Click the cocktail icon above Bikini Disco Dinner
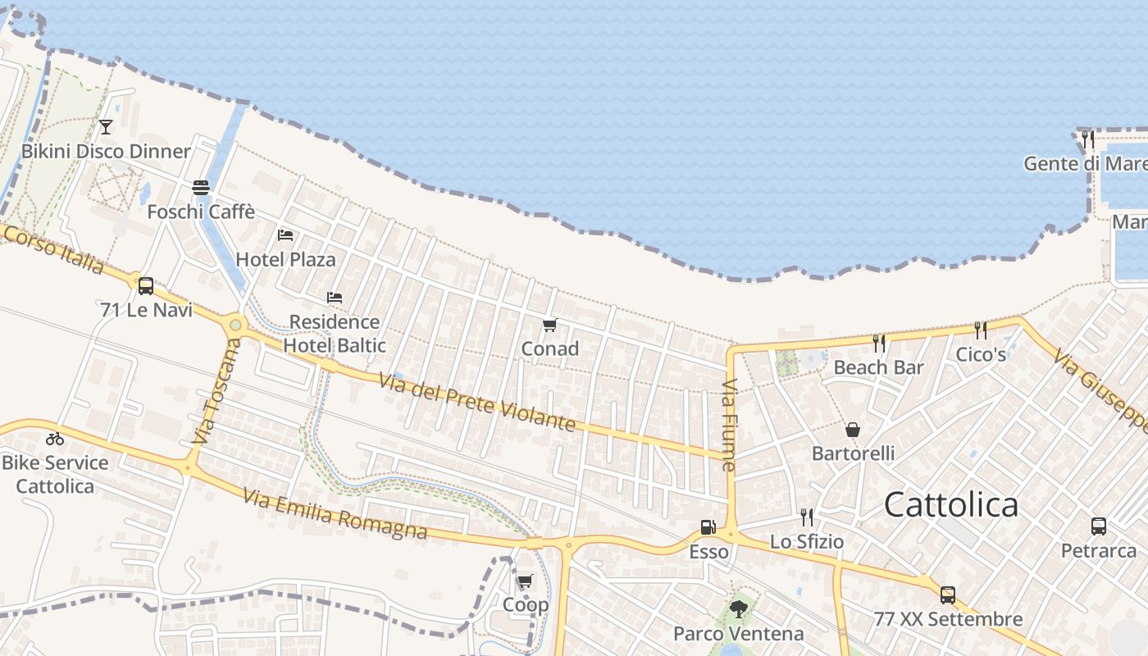106,126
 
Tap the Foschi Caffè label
201,212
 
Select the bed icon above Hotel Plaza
285,235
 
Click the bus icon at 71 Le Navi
146,286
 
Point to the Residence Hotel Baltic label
335,334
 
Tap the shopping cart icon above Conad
550,326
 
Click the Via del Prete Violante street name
476,402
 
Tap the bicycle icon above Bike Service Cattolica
55,439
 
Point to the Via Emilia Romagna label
335,512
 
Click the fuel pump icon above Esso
708,527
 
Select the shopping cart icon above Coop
526,581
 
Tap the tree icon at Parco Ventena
738,609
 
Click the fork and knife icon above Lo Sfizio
807,517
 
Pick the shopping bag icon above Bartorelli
853,430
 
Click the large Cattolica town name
951,504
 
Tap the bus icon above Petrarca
1099,526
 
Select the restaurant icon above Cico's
981,330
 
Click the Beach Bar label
878,367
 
